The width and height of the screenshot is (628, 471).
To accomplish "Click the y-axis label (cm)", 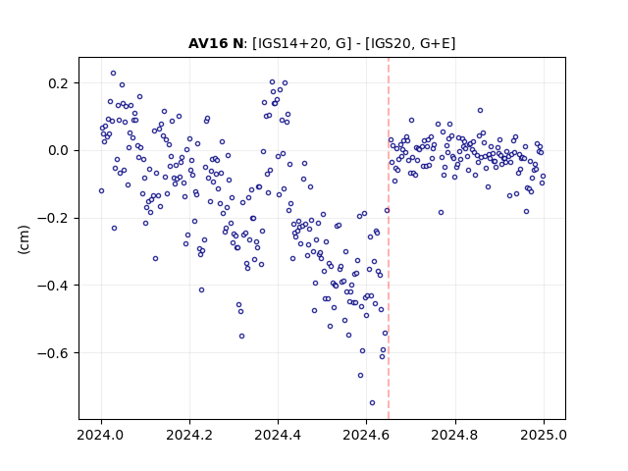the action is (24, 239).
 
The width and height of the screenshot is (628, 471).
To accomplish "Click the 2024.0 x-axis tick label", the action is (101, 435).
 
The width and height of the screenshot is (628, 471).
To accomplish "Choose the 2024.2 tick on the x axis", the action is (189, 435).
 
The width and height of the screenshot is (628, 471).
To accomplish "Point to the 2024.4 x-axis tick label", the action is (278, 435).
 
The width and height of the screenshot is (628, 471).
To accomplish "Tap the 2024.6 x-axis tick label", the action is (366, 435).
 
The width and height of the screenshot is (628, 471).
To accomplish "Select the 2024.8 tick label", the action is (455, 435).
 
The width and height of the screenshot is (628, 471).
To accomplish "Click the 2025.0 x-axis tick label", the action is (544, 435).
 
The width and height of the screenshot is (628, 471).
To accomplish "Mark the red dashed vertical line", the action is (389, 238).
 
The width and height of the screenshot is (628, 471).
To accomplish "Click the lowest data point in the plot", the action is (372, 403).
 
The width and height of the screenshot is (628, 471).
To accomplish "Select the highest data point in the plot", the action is (114, 74).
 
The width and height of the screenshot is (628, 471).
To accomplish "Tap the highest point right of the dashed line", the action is (480, 111).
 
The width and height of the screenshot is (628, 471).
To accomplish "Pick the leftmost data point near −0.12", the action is (101, 191).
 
